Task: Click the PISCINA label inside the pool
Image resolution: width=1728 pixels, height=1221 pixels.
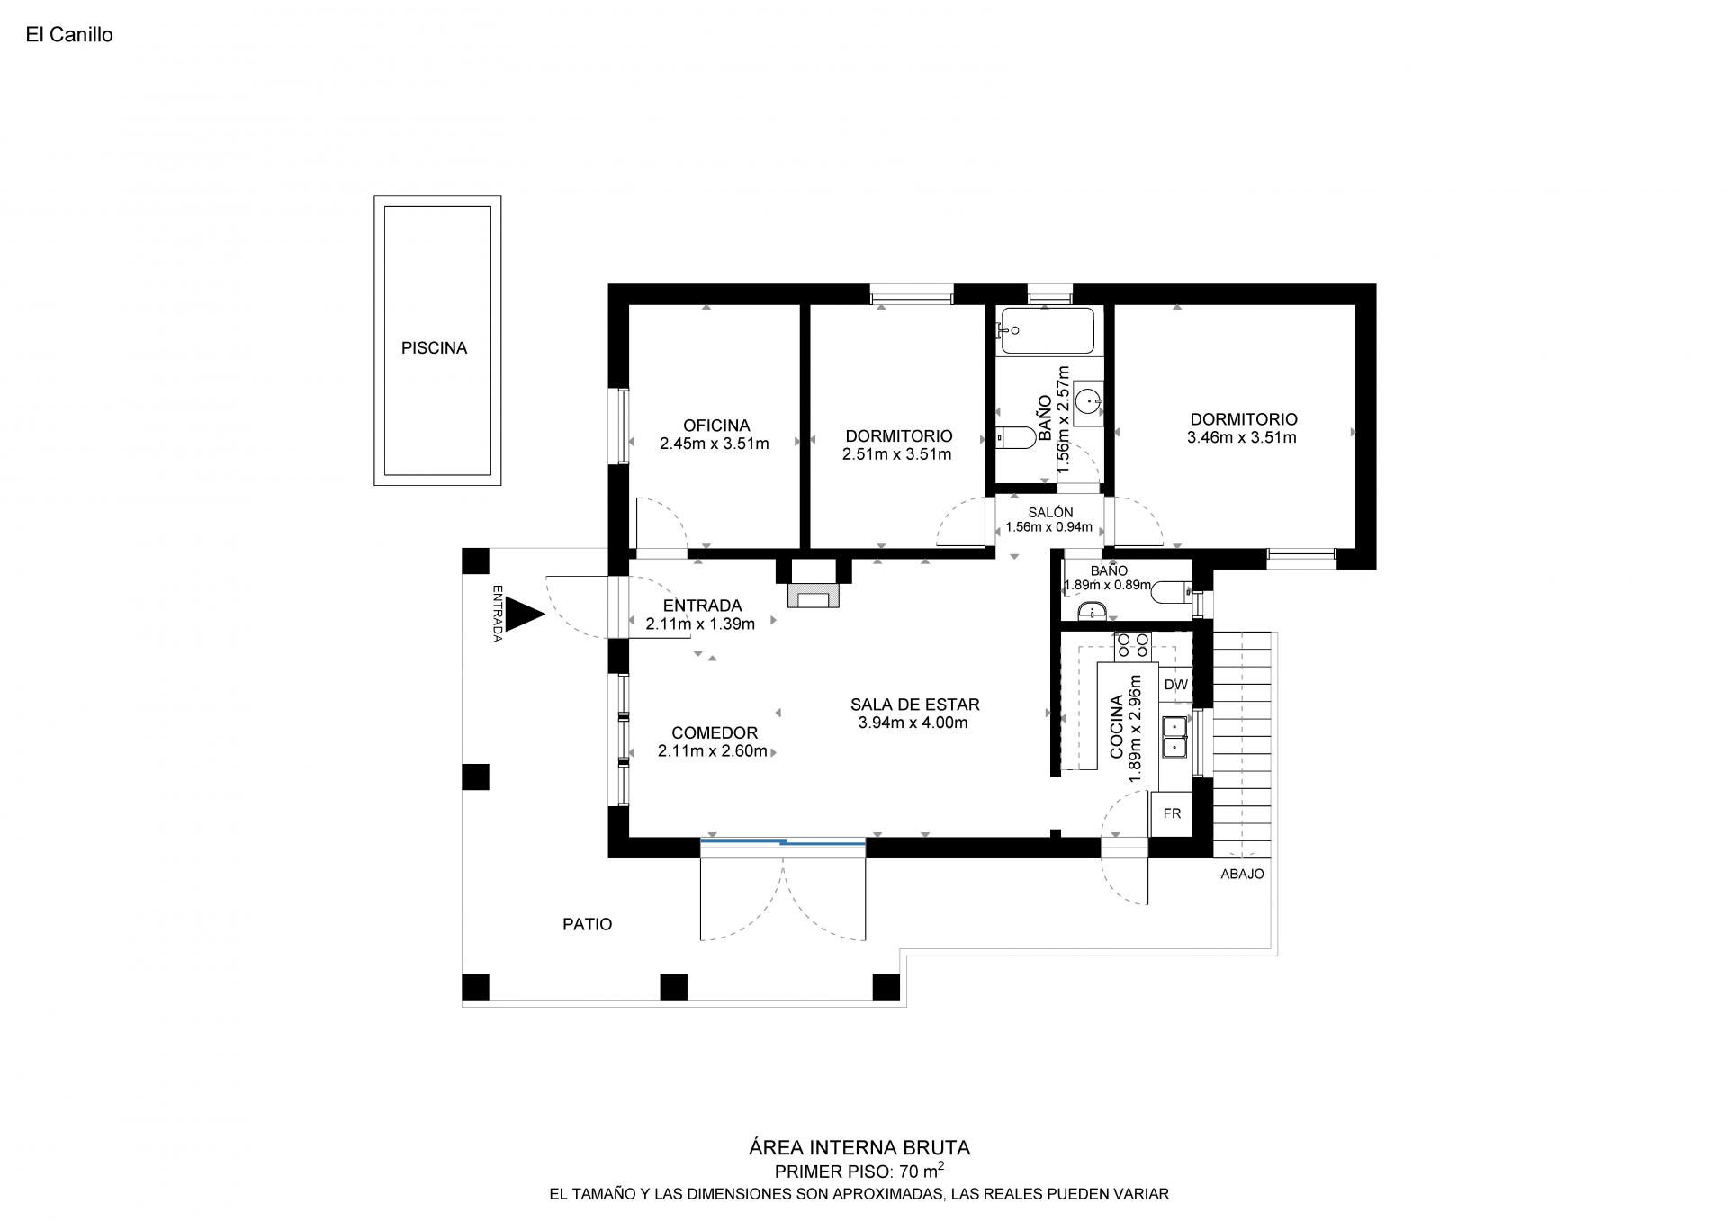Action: pyautogui.click(x=434, y=348)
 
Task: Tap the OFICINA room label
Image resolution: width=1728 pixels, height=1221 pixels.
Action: pyautogui.click(x=715, y=426)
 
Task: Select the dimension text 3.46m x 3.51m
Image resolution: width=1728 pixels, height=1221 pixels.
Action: pyautogui.click(x=1242, y=438)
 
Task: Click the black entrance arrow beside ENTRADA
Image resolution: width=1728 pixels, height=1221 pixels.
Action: pyautogui.click(x=525, y=615)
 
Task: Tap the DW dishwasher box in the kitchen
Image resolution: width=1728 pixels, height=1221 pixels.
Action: pyautogui.click(x=1175, y=685)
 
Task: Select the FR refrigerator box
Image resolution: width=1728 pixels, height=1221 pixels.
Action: pyautogui.click(x=1172, y=813)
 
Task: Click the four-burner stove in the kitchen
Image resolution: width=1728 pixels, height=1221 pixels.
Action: pyautogui.click(x=1132, y=644)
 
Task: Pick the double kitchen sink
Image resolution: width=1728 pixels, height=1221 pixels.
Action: pyautogui.click(x=1174, y=737)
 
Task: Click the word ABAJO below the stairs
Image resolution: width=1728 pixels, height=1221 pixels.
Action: pyautogui.click(x=1242, y=874)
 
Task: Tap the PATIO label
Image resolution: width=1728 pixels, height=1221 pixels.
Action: pyautogui.click(x=587, y=924)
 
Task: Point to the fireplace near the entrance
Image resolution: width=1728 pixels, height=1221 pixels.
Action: pyautogui.click(x=814, y=595)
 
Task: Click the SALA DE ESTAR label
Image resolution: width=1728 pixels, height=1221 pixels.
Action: pyautogui.click(x=914, y=705)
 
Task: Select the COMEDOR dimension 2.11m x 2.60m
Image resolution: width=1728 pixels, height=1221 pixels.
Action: pyautogui.click(x=713, y=751)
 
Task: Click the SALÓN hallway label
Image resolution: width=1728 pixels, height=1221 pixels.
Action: pyautogui.click(x=1050, y=513)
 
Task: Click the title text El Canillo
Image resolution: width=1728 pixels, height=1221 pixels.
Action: pyautogui.click(x=69, y=35)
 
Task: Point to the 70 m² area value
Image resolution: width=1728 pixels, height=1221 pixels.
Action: pyautogui.click(x=922, y=1171)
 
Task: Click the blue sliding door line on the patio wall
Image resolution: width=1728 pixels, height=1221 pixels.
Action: pyautogui.click(x=783, y=842)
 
